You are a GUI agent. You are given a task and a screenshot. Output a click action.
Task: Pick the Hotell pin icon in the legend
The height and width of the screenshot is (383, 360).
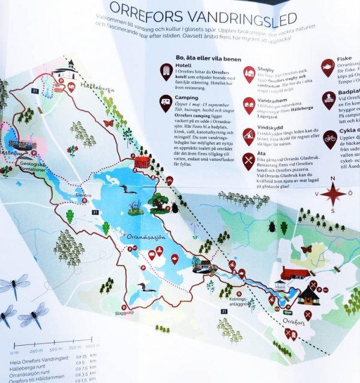166,72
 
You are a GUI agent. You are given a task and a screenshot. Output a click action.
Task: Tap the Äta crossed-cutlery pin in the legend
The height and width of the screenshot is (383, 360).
248,160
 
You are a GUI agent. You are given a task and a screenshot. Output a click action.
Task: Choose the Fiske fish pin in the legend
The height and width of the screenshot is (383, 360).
328,67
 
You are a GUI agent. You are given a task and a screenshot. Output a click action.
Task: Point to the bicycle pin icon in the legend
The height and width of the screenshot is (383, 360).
330,138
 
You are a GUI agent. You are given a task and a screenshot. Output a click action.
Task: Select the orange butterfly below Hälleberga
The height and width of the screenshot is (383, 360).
109,123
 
